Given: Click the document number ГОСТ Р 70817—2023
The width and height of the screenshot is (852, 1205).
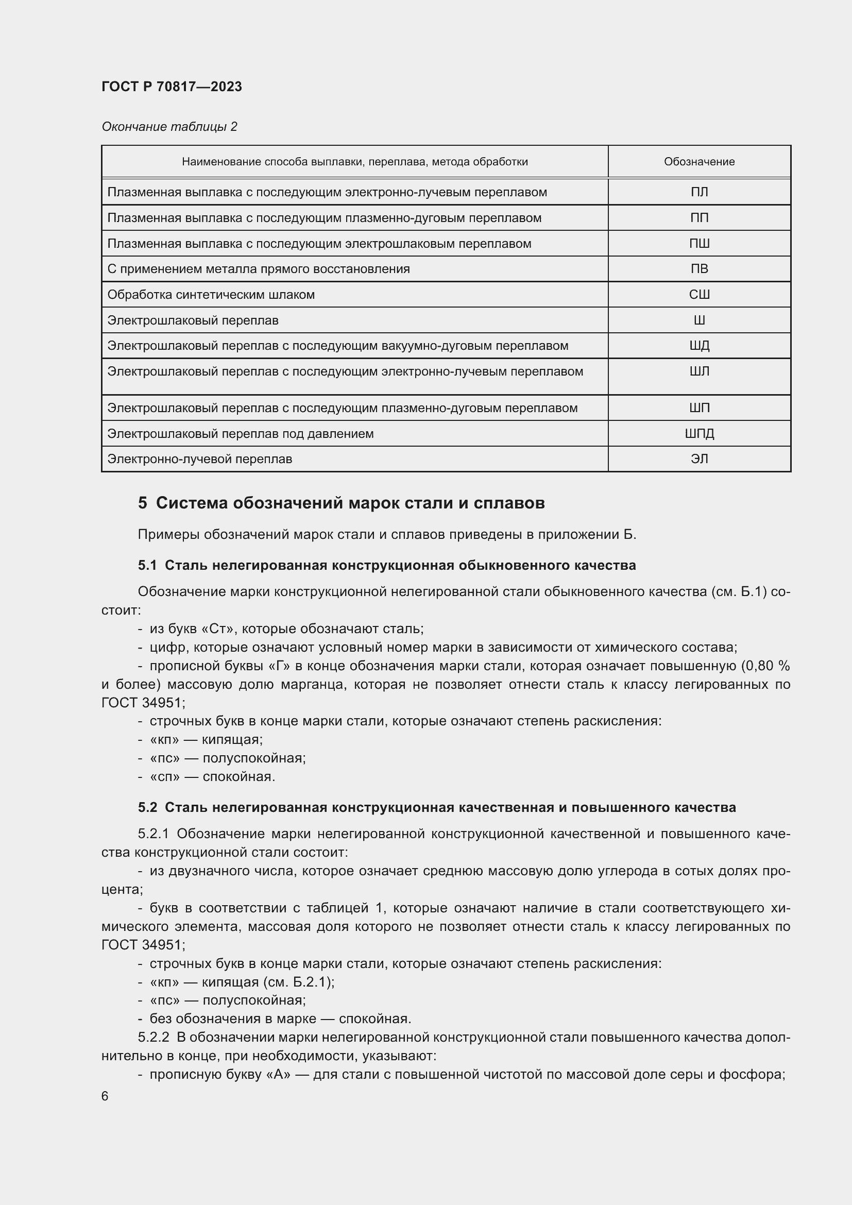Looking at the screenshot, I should [x=172, y=87].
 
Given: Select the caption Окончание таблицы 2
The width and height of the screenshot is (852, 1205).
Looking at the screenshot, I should [x=169, y=127].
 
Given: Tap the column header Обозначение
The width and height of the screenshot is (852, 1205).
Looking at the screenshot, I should [x=699, y=162].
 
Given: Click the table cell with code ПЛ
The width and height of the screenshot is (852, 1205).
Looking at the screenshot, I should [x=699, y=192].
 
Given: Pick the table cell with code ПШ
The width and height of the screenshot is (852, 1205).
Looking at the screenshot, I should [x=699, y=244].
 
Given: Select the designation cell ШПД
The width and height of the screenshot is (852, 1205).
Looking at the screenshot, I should [x=699, y=433].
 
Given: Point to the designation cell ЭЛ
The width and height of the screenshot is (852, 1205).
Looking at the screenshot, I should [x=699, y=459].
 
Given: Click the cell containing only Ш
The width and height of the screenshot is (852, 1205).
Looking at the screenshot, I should [x=699, y=320].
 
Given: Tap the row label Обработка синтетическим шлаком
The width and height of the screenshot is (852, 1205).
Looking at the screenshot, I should [x=211, y=295].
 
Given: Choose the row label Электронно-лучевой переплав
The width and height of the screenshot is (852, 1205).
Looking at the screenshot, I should [x=199, y=459].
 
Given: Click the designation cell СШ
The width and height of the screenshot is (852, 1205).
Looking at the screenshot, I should [x=699, y=295].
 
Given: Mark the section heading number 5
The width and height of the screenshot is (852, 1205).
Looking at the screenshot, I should [x=143, y=503].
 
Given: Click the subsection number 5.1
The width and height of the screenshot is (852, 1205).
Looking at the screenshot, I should [x=147, y=565].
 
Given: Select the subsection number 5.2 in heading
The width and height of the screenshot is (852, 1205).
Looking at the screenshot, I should [x=147, y=807].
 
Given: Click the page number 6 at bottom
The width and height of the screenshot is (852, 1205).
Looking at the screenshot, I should [x=105, y=1096].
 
